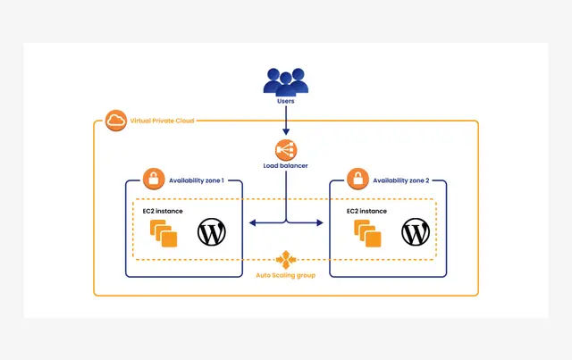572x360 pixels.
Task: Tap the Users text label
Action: [285, 101]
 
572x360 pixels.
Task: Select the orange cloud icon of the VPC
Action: [115, 121]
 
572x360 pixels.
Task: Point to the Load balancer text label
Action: [285, 165]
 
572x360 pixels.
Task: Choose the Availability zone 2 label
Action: [400, 180]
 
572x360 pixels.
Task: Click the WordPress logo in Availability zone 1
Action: [212, 232]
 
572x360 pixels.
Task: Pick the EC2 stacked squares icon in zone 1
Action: [164, 233]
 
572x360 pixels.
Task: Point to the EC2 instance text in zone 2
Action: [366, 211]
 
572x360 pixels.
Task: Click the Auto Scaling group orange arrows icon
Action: [286, 259]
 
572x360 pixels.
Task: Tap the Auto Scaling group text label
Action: [286, 275]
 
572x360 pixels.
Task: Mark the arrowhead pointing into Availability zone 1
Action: [252, 222]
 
